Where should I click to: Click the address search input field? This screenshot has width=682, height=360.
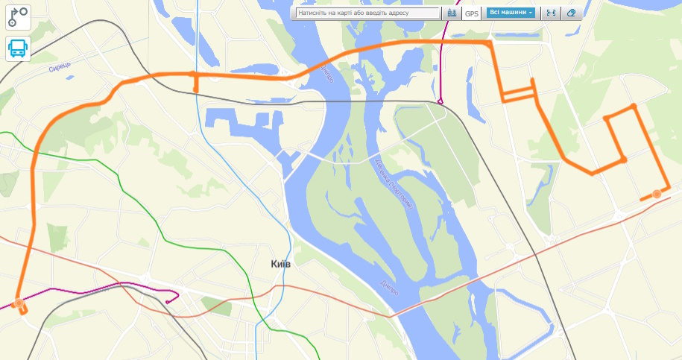tap(367, 13)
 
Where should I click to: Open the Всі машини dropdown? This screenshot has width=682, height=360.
tap(511, 13)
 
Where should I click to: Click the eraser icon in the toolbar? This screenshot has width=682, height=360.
tap(571, 13)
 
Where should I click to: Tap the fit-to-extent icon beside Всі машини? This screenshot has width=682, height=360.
tap(551, 13)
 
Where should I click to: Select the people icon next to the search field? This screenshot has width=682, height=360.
tap(452, 13)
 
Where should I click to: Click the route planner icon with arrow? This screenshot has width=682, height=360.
tap(19, 16)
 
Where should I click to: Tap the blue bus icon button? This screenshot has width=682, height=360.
tap(19, 49)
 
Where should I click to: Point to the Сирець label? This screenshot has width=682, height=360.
tap(59, 68)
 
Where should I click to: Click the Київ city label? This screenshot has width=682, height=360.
tap(280, 265)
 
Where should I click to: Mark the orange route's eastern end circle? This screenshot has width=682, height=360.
tap(657, 194)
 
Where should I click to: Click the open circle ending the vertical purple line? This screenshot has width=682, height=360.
tap(441, 101)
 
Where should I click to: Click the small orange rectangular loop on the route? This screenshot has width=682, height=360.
tap(519, 93)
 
